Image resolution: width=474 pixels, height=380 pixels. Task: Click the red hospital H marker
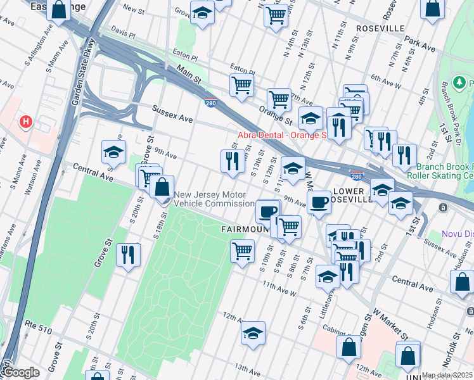coord(25,121)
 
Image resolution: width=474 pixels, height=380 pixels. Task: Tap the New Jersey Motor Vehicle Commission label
coord(214,199)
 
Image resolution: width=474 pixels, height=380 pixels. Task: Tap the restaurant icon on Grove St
coord(129,255)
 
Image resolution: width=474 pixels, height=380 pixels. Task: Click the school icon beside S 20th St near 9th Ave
coord(113,152)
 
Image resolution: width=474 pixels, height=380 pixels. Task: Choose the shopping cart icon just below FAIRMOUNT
coord(242,251)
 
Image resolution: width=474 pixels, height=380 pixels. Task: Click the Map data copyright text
coord(446,375)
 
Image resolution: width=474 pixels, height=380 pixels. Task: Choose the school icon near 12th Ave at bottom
coord(253,333)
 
